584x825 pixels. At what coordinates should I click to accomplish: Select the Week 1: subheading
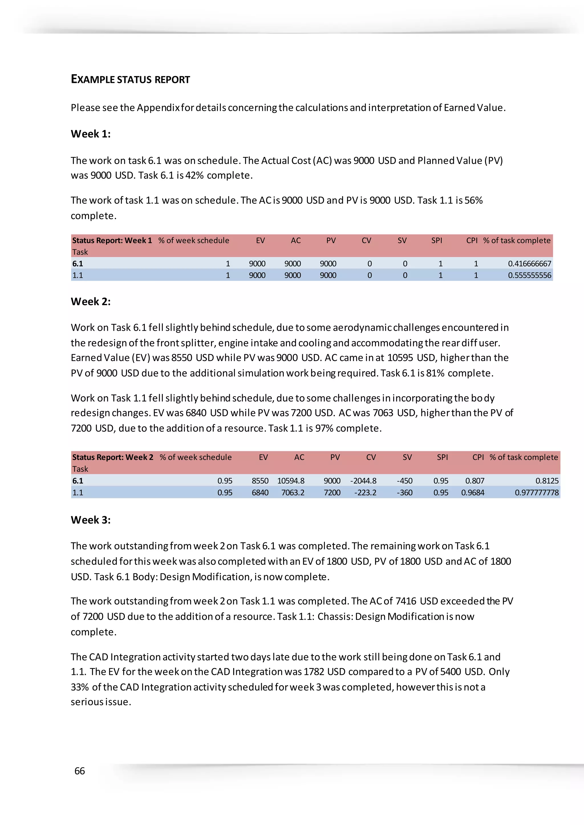91,134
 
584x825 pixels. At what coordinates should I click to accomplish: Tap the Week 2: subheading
91,301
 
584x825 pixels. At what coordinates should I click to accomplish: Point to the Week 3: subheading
91,520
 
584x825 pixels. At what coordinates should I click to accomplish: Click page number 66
80,771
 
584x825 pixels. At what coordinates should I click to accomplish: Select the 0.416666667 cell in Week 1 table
529,264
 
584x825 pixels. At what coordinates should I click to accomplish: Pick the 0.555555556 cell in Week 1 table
529,275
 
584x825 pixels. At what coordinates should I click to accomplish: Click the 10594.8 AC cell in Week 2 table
291,481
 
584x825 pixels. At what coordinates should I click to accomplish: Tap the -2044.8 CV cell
363,481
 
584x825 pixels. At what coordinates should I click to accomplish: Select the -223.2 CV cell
365,493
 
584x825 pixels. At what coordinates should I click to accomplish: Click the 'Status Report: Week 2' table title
113,458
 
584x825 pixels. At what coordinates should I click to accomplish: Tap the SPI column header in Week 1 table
437,240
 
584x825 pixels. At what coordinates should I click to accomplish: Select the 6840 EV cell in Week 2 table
260,493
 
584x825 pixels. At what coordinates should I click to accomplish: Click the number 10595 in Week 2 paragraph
400,358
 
